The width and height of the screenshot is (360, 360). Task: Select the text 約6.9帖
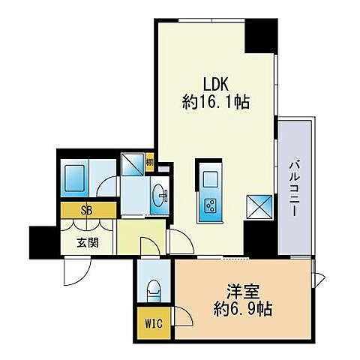point(241,308)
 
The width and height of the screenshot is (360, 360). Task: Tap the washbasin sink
point(160,196)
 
